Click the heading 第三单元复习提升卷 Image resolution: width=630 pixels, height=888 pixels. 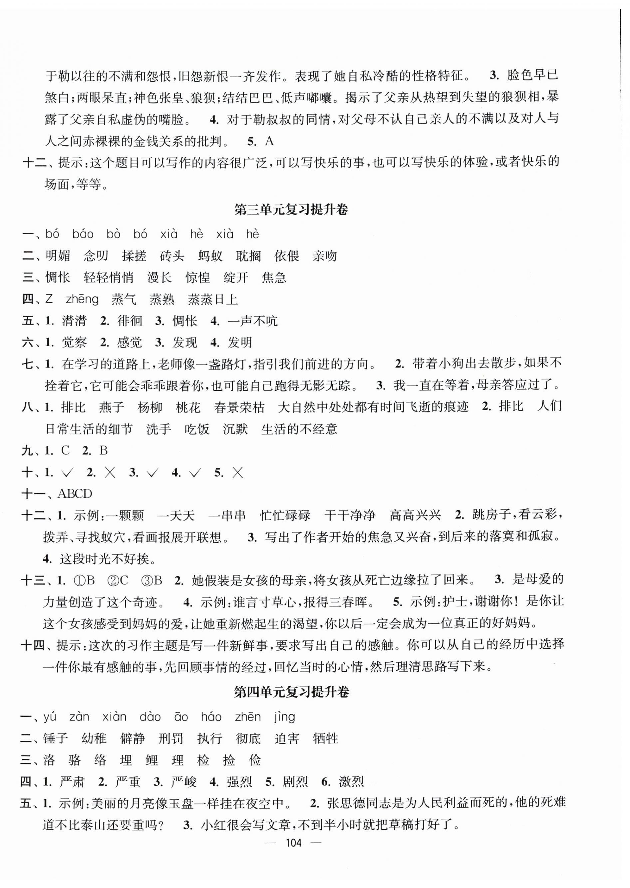point(291,210)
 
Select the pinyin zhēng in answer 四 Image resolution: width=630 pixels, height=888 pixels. point(82,299)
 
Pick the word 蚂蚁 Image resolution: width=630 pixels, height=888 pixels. point(210,256)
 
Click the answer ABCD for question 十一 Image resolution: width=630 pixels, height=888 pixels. point(75,494)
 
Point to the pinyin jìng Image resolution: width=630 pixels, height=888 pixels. point(284,717)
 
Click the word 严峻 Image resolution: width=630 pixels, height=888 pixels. point(184,782)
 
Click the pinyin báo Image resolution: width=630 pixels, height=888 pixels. point(83,234)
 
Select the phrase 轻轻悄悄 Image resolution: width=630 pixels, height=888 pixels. point(109,278)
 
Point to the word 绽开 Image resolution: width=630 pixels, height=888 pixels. point(236,278)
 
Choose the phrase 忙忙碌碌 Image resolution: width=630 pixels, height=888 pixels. point(285,515)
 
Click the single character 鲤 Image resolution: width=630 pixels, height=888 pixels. point(152,760)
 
